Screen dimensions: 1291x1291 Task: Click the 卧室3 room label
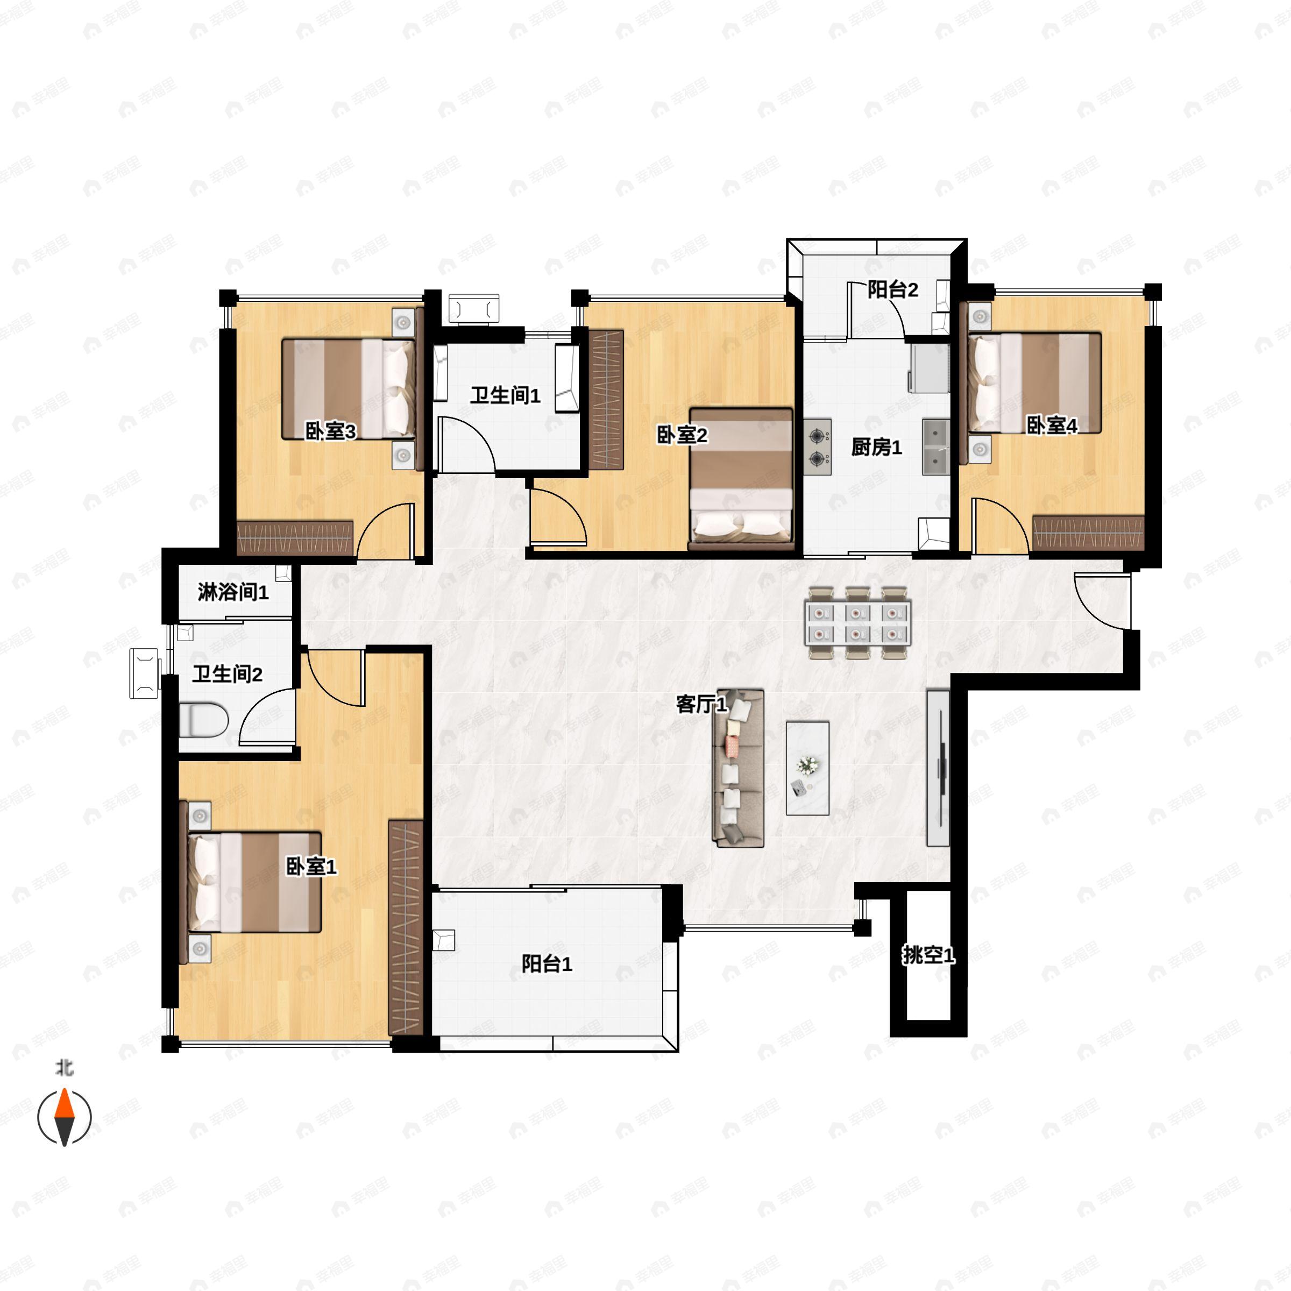330,431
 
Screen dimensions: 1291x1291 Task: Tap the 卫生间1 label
505,395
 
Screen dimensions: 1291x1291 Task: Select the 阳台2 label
893,289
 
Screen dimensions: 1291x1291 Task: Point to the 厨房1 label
876,447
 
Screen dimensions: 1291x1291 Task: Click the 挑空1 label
928,955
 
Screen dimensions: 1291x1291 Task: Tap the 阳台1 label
547,963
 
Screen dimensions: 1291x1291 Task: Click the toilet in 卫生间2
204,720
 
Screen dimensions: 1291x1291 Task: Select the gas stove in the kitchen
818,447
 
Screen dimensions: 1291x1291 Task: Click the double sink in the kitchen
936,447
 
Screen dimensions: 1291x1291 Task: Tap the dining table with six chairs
859,623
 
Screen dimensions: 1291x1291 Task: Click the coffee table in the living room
807,768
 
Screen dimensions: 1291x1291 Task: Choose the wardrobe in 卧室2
607,400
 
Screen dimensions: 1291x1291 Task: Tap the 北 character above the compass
64,1068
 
